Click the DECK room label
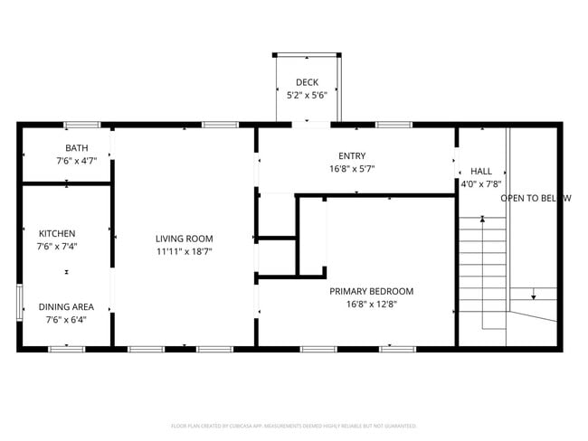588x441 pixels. pos(307,82)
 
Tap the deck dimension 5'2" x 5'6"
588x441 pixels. pos(307,95)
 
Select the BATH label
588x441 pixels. pos(76,148)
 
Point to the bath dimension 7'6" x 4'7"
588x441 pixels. pos(76,161)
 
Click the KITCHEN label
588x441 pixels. pos(56,233)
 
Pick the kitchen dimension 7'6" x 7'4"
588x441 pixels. pos(56,246)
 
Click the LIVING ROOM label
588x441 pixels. pos(184,239)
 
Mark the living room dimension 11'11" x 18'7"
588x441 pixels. pos(184,251)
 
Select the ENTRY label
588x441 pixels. pos(352,155)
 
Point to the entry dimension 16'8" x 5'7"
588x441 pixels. pos(352,168)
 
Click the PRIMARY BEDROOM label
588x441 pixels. pos(371,291)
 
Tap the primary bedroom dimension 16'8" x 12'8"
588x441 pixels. pos(371,304)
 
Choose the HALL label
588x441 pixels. pos(480,171)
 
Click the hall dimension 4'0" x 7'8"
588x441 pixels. pos(480,183)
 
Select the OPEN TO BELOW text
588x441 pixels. pos(536,198)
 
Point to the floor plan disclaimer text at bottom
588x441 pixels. pos(293,425)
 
